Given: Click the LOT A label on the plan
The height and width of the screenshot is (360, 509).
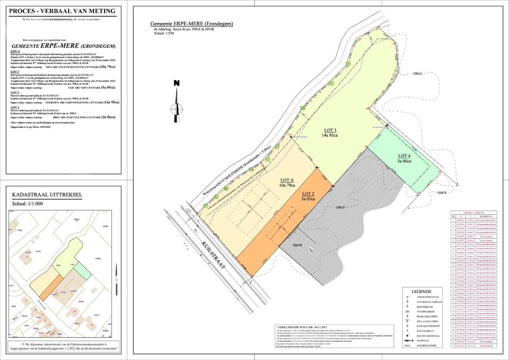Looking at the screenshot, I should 287,180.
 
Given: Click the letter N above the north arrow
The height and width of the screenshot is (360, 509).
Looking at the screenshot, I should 176,84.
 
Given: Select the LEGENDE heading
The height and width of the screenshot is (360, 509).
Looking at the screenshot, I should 422,292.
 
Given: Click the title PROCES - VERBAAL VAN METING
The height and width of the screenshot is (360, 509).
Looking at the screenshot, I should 62,11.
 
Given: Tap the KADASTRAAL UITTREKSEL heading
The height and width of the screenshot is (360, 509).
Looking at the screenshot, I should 47,195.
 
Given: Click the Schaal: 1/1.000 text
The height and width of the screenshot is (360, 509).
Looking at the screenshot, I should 28,203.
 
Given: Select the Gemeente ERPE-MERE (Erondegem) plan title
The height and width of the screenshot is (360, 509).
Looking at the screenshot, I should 192,24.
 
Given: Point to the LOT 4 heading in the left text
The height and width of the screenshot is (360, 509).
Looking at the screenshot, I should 15,108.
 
